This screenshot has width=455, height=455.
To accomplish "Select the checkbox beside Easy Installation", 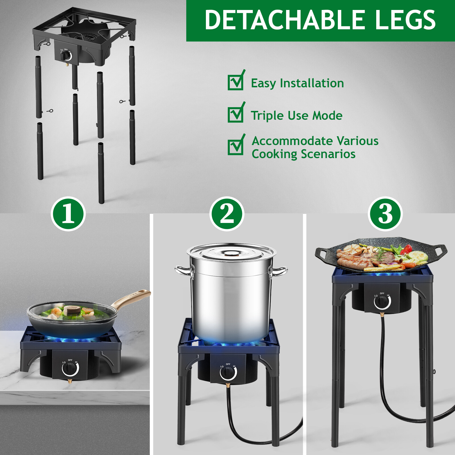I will click(x=235, y=82).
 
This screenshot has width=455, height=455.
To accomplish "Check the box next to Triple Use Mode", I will click(x=235, y=115).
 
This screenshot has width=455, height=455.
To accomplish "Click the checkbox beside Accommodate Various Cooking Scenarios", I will click(x=235, y=147).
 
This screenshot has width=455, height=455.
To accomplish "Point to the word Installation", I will click(x=312, y=83).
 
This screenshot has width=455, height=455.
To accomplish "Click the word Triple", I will click(x=267, y=116).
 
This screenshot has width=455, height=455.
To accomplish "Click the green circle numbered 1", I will click(x=68, y=214).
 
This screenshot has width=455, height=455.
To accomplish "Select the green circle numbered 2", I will click(x=227, y=214).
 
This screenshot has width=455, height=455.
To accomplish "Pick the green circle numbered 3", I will click(x=385, y=214).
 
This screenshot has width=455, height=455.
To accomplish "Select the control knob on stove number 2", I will click(x=228, y=372).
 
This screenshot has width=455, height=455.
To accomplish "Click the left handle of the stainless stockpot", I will click(x=183, y=271).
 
